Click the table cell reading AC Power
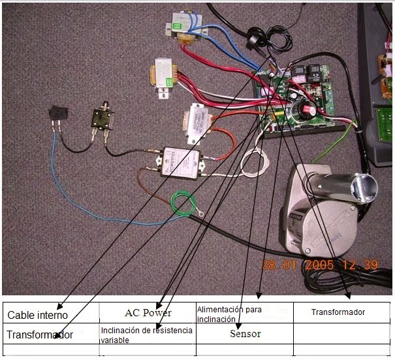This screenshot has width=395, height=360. pyautogui.click(x=148, y=312)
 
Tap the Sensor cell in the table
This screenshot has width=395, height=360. pyautogui.click(x=245, y=334)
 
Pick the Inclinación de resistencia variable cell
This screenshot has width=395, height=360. pyautogui.click(x=146, y=335)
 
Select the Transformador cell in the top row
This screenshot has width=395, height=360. pyautogui.click(x=338, y=312)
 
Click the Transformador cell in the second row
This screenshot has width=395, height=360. pyautogui.click(x=39, y=335)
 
